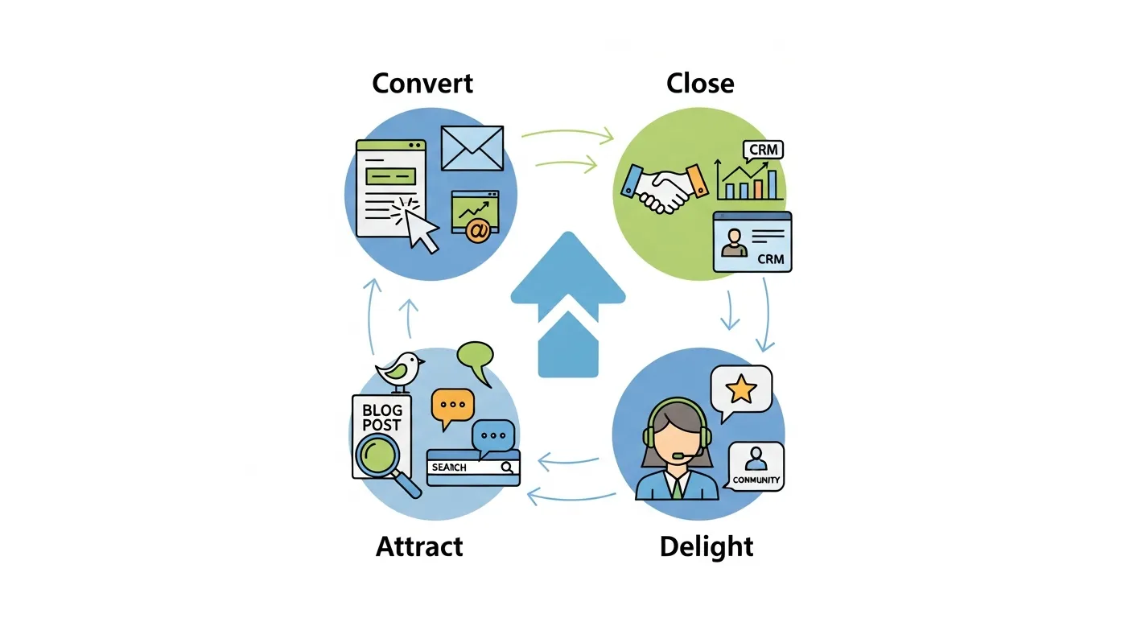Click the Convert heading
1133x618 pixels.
[422, 84]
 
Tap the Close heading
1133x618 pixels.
[700, 84]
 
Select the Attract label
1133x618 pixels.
[419, 547]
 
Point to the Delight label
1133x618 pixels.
[707, 547]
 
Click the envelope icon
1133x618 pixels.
[472, 148]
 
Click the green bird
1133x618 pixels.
[400, 370]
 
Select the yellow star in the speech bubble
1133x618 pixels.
[741, 390]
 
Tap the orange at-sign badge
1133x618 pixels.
[477, 231]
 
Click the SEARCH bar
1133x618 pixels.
[473, 467]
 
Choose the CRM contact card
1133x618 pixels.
[752, 241]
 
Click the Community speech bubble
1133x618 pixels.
[756, 467]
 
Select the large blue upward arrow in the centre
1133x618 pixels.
[567, 306]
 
